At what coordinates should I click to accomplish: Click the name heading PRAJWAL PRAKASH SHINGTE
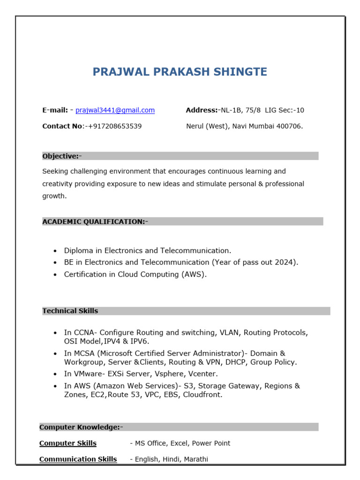pyautogui.click(x=180, y=72)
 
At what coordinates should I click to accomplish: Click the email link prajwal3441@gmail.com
pyautogui.click(x=115, y=110)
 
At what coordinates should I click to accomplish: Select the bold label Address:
pyautogui.click(x=202, y=110)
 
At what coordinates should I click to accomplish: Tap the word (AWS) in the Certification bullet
pyautogui.click(x=194, y=275)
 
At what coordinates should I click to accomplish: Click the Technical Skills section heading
pyautogui.click(x=70, y=311)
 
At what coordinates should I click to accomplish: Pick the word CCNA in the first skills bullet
pyautogui.click(x=83, y=333)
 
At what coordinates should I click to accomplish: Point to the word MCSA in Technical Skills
pyautogui.click(x=83, y=353)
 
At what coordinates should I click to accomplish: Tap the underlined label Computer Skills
pyautogui.click(x=68, y=443)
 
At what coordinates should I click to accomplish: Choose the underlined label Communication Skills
pyautogui.click(x=78, y=459)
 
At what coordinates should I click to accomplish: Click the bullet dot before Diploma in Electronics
pyautogui.click(x=55, y=251)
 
